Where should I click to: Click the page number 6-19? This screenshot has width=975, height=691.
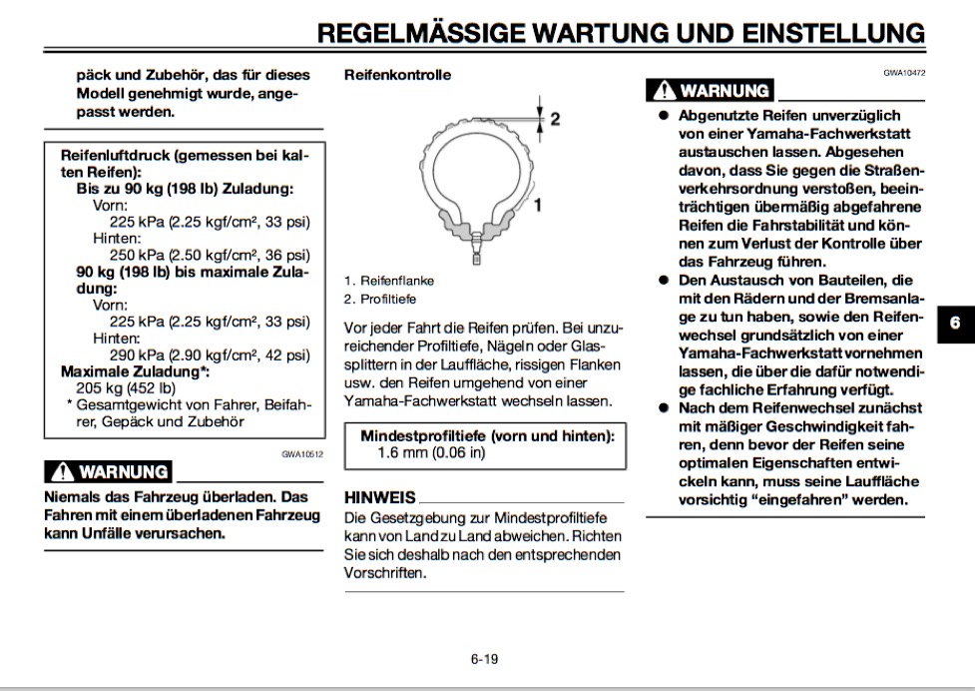click(x=484, y=658)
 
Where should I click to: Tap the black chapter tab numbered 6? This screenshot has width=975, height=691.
click(x=954, y=324)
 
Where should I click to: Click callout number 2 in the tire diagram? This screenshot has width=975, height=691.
click(x=555, y=119)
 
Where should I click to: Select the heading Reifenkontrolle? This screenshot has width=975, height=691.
click(x=397, y=75)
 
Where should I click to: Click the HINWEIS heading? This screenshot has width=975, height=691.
click(x=379, y=497)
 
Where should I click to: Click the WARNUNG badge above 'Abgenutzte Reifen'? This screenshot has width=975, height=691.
click(x=711, y=91)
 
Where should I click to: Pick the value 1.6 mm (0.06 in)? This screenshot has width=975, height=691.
click(x=431, y=452)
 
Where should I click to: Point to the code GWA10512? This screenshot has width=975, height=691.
click(x=302, y=453)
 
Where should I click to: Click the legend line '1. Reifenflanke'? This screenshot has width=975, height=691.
click(x=389, y=282)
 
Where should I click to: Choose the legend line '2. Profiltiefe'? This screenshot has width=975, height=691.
click(x=380, y=299)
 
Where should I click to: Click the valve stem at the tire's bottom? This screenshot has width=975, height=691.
click(x=476, y=250)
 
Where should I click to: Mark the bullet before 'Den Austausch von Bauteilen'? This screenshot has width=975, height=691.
click(x=662, y=281)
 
